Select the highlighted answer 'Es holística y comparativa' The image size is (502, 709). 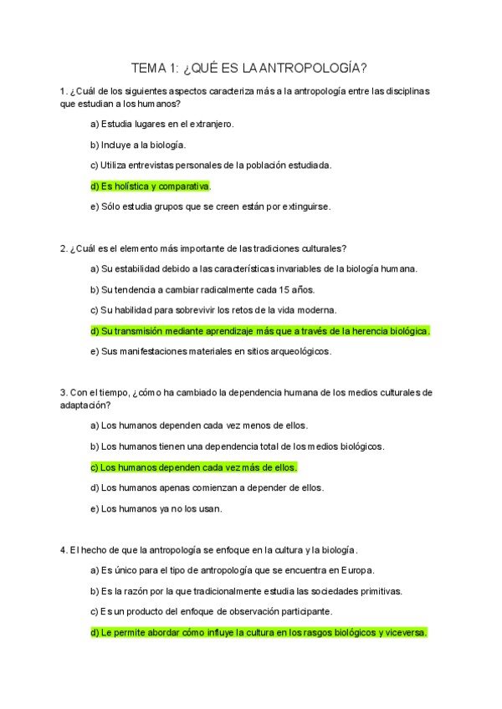(151, 186)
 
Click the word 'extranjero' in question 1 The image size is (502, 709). (210, 125)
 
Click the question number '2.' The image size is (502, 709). (64, 248)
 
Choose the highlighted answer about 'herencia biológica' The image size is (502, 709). (259, 331)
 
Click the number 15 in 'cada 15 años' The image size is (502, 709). (286, 289)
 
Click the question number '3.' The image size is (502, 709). (64, 393)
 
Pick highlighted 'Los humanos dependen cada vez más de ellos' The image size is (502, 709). (193, 467)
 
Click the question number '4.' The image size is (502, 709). (64, 550)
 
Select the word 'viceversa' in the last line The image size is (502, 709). (403, 632)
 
